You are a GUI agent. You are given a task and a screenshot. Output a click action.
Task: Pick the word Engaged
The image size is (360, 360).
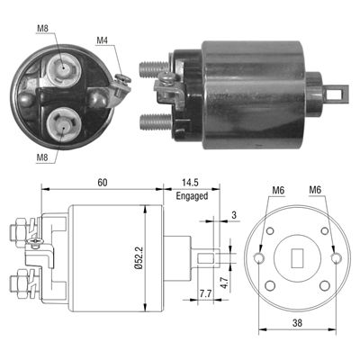(x=192, y=194)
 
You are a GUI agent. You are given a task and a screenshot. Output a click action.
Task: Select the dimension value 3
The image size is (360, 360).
(x=233, y=214)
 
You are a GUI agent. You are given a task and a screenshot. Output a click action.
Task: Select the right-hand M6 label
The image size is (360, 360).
(x=316, y=190)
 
